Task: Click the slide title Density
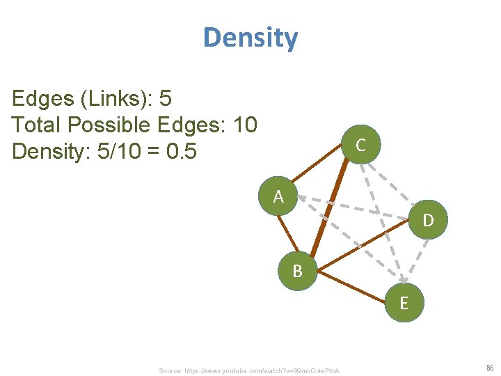(x=250, y=38)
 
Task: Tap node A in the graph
(x=278, y=197)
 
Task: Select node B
(x=297, y=271)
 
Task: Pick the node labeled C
(x=360, y=145)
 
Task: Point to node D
(x=428, y=220)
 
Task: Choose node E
(x=404, y=304)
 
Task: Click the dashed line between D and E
(x=416, y=263)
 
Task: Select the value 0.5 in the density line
(x=182, y=150)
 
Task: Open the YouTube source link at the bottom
(x=248, y=370)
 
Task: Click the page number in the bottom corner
(x=489, y=368)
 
